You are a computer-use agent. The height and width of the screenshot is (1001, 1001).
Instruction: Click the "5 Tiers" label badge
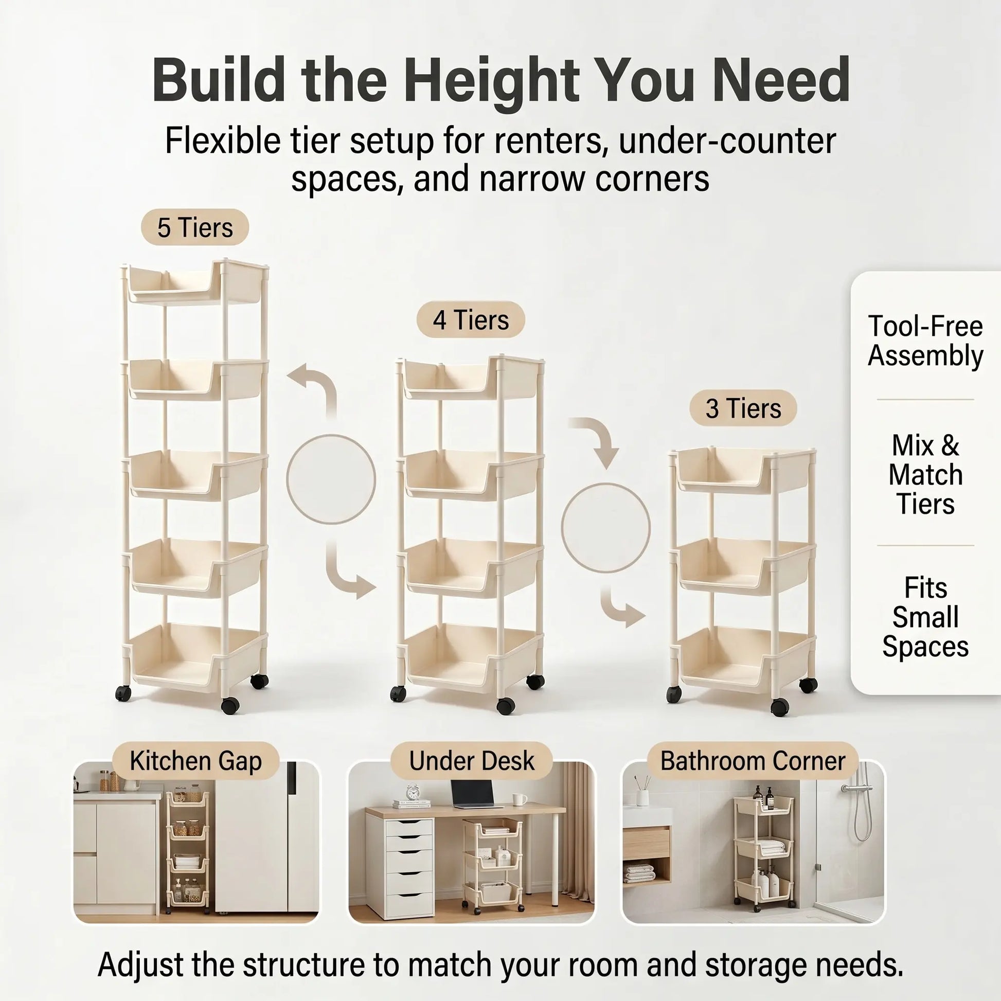click(195, 227)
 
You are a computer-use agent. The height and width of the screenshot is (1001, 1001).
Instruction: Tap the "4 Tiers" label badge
click(471, 319)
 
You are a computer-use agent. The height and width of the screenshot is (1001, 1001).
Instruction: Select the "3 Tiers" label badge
click(743, 408)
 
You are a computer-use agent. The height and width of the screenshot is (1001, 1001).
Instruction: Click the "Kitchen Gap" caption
click(196, 761)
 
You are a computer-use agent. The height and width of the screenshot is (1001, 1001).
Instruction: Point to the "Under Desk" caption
click(472, 761)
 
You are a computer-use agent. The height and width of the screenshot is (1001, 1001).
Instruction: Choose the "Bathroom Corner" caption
click(753, 761)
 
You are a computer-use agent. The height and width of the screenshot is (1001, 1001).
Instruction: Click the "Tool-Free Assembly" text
click(925, 341)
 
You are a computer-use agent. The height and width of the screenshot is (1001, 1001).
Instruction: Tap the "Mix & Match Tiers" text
click(925, 475)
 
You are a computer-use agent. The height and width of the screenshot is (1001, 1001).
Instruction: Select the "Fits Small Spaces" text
click(925, 617)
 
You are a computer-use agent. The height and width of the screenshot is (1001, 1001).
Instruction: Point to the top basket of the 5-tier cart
click(197, 282)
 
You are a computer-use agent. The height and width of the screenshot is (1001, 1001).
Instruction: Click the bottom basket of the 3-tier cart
click(743, 659)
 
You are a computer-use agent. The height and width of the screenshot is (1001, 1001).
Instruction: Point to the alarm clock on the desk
click(413, 792)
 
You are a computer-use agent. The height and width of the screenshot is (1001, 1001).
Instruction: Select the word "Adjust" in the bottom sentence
click(140, 964)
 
